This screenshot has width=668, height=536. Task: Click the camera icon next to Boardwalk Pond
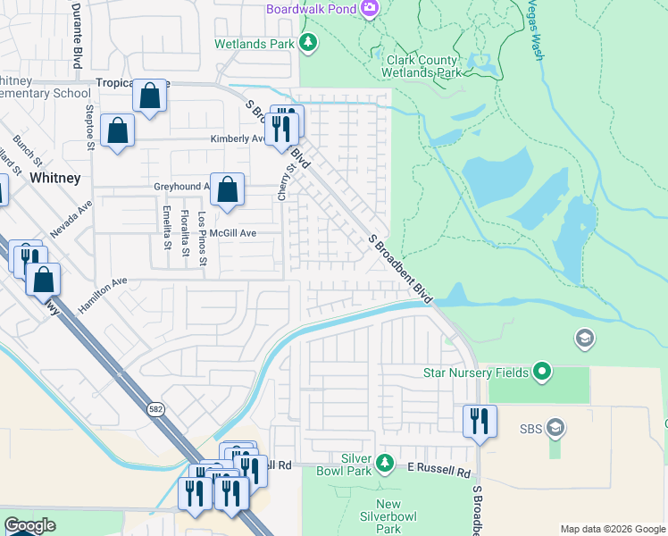click(x=370, y=9)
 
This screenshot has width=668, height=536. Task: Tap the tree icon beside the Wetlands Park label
click(x=307, y=42)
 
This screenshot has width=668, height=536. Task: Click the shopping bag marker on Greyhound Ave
click(x=228, y=189)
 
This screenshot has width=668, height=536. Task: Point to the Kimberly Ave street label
click(x=238, y=139)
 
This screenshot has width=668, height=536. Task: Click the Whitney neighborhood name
click(x=54, y=178)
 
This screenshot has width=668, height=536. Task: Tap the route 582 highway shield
click(x=157, y=407)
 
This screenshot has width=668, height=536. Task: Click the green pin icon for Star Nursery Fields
click(x=541, y=370)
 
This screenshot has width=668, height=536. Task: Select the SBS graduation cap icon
click(x=555, y=427)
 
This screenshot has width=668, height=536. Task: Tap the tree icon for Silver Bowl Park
click(x=385, y=463)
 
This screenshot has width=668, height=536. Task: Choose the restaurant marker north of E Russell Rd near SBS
click(x=480, y=421)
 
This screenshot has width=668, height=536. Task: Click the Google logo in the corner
click(x=29, y=525)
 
